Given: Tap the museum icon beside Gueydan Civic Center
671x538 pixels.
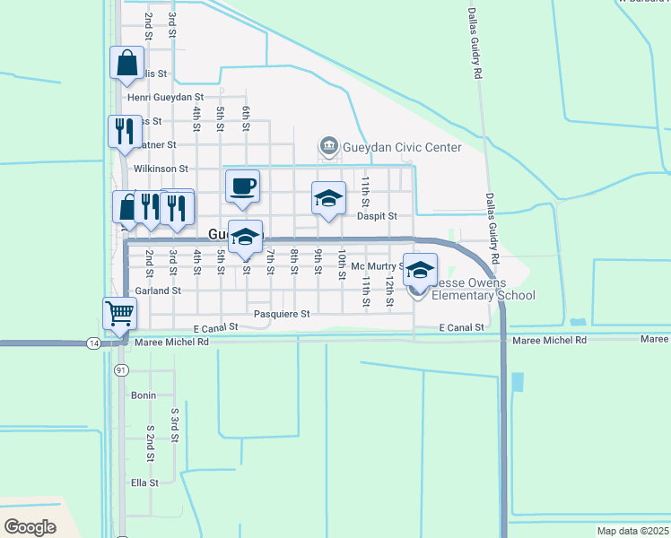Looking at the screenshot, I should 329,146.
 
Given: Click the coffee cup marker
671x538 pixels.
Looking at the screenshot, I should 242,187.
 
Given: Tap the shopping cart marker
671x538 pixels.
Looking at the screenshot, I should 120,314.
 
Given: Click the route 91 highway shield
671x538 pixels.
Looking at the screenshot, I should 122,369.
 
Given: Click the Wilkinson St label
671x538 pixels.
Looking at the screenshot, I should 160,168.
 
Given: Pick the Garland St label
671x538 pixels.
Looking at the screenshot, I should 158,291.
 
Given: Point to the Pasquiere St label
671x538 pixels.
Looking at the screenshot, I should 282,314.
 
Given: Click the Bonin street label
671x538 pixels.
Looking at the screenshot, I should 144,395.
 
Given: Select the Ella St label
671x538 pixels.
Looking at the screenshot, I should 144,482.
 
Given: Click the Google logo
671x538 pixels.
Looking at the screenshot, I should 30,526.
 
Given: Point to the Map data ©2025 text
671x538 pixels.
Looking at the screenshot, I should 632,531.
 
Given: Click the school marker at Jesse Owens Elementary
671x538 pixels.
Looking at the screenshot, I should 420,270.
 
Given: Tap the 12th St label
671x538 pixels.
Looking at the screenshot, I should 389,289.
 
